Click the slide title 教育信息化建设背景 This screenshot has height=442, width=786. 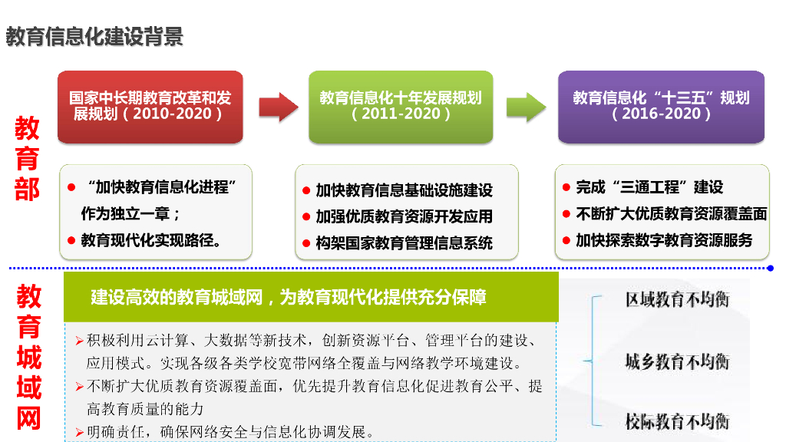(94, 36)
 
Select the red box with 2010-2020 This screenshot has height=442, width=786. (150, 106)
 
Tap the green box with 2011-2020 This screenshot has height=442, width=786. (401, 106)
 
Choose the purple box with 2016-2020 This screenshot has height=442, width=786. (661, 106)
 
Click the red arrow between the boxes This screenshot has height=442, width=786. (277, 107)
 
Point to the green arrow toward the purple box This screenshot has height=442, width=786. (526, 107)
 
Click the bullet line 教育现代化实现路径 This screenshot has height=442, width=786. (152, 240)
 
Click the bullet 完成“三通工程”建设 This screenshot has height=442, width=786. (649, 187)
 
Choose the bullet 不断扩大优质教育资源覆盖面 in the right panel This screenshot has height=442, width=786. (671, 214)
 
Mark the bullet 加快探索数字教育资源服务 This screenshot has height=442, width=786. (664, 240)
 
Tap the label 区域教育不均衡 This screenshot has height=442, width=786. (676, 299)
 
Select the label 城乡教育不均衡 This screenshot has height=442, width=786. (676, 361)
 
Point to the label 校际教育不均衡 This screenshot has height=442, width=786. (676, 421)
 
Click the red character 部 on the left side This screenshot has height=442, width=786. (27, 188)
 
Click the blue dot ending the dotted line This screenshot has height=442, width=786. (770, 269)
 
